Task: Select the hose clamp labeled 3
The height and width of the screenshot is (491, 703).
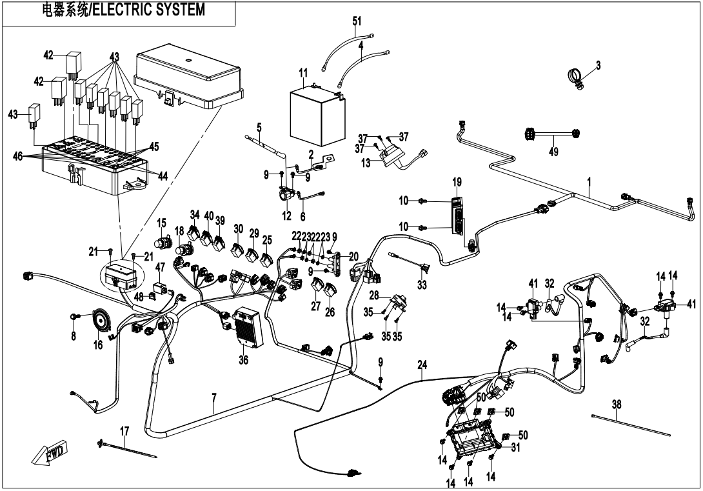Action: pyautogui.click(x=577, y=77)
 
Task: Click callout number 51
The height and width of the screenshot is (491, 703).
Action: pyautogui.click(x=357, y=21)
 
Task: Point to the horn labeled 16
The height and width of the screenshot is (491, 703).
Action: pyautogui.click(x=100, y=319)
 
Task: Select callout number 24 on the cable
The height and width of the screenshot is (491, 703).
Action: pyautogui.click(x=422, y=365)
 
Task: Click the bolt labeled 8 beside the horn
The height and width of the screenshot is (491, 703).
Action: pyautogui.click(x=75, y=316)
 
